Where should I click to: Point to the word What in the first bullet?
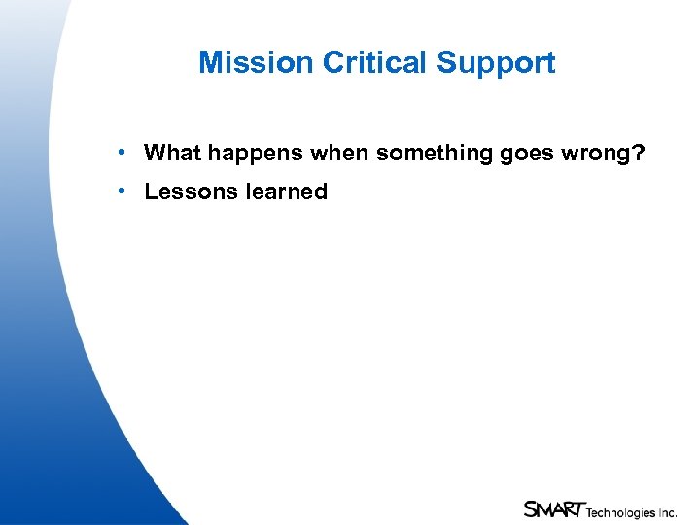[172, 153]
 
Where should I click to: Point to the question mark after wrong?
[639, 153]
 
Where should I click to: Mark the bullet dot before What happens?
[118, 153]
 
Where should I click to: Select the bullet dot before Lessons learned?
[118, 192]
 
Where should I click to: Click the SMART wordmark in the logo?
[553, 508]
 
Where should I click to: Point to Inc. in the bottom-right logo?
[667, 511]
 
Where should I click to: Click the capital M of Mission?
[210, 63]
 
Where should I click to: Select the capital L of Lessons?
[151, 192]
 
